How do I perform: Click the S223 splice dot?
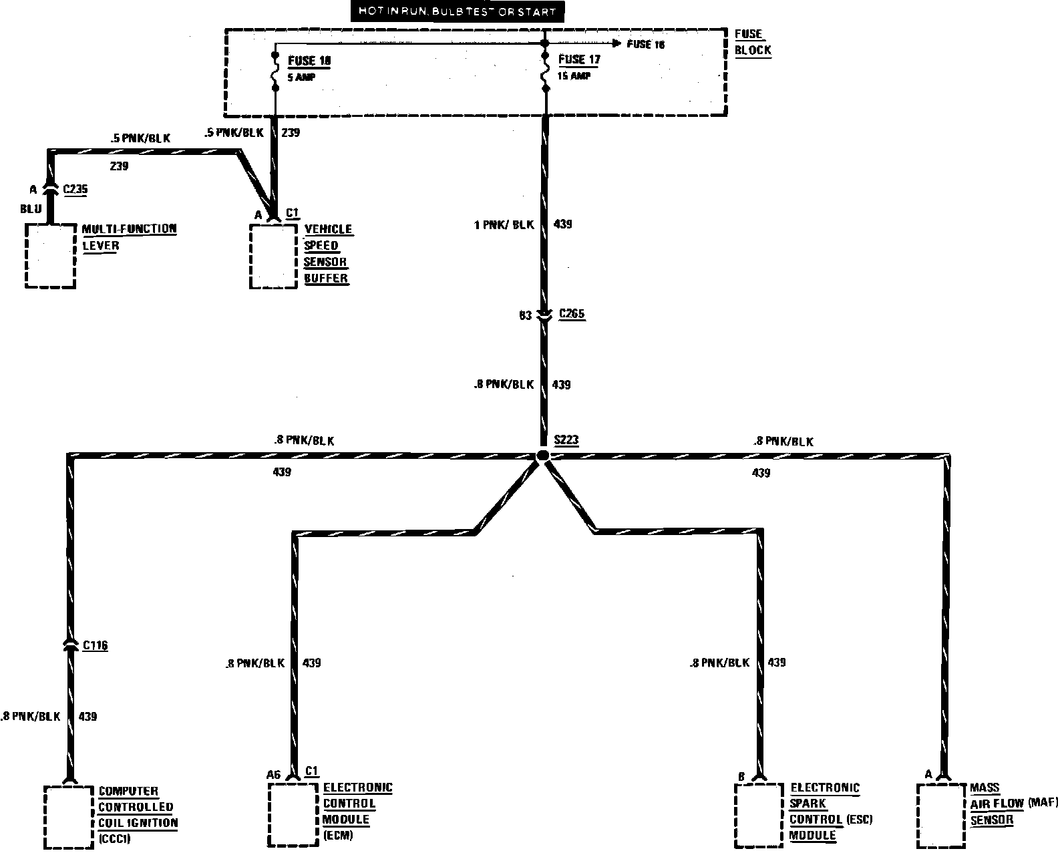point(543,455)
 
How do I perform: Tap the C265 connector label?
point(572,314)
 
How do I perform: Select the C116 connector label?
point(95,645)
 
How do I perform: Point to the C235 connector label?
point(75,190)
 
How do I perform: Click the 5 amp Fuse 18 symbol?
point(274,69)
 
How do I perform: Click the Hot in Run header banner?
point(456,11)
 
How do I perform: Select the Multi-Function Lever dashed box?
point(50,256)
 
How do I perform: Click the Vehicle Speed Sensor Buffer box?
point(273,256)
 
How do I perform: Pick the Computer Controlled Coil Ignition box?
point(68,816)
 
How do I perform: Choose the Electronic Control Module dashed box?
point(293,814)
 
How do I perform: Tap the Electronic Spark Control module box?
point(758,815)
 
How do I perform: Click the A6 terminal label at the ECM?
point(272,775)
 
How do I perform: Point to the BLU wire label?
point(31,208)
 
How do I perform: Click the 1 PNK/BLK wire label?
point(504,225)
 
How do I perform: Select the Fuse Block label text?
point(753,42)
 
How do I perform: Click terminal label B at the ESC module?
point(741,776)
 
